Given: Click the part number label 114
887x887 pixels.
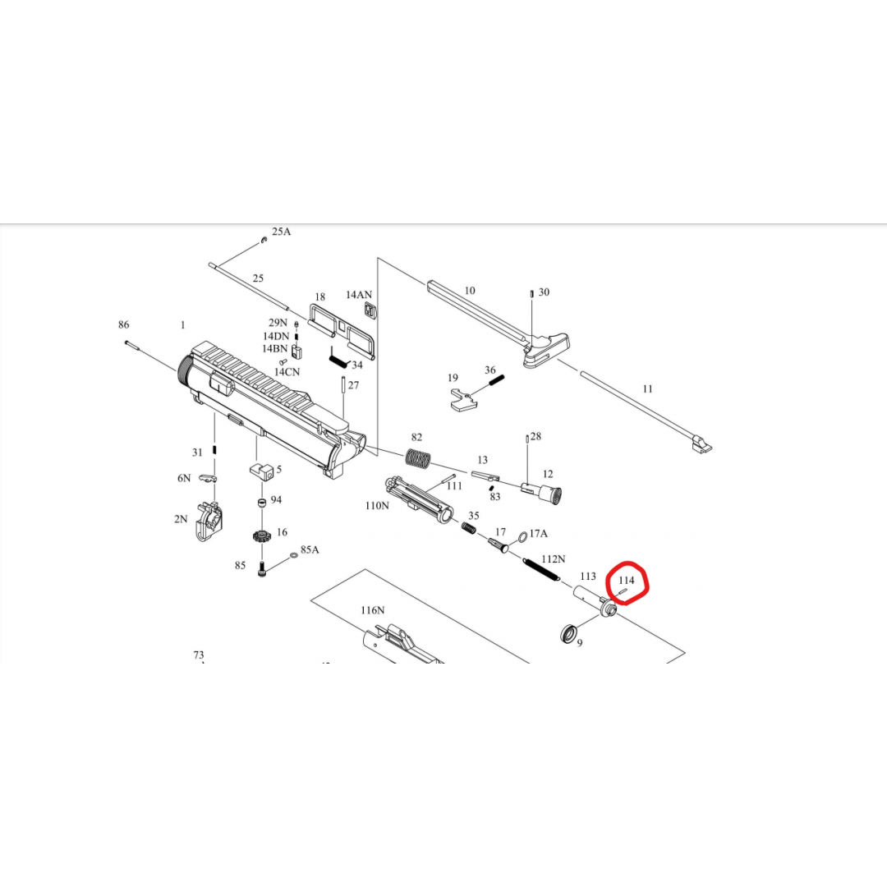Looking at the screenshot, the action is (x=626, y=581).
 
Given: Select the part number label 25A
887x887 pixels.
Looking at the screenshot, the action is (x=281, y=232).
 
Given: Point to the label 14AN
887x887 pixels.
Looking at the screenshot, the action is (x=359, y=295).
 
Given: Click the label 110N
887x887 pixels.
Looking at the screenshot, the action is (x=377, y=506).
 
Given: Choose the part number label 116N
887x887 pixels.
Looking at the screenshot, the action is (x=372, y=610).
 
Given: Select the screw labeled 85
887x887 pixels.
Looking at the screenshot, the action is (x=261, y=569).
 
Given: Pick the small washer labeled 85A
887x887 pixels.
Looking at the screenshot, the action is (x=293, y=555).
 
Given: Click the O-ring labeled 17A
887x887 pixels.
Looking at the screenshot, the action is (x=522, y=535).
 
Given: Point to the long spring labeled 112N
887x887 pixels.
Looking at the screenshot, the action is (x=541, y=569).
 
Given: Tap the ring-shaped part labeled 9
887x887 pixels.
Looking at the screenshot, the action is (x=568, y=633).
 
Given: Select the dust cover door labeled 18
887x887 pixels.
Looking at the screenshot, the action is (x=342, y=331).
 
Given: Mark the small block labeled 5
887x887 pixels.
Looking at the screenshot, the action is (x=262, y=471).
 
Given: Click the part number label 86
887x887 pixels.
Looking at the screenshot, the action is (x=123, y=324).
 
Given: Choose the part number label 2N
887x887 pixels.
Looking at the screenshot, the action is (x=181, y=519).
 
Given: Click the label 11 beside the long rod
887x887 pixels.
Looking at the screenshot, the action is (x=648, y=389).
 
